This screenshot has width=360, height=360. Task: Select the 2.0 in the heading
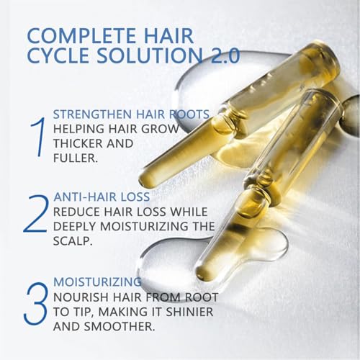click(225, 56)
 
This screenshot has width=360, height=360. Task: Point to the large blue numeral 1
click(39, 137)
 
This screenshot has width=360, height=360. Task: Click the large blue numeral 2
click(35, 213)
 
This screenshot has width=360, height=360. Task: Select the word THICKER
click(77, 143)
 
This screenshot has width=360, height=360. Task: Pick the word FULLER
click(76, 158)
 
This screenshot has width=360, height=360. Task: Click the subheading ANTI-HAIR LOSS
click(102, 197)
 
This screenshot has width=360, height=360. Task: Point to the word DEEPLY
click(75, 226)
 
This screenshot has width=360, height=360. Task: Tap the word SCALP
click(73, 241)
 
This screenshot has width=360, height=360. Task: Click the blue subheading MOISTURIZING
click(97, 282)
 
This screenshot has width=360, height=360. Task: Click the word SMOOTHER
click(119, 326)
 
